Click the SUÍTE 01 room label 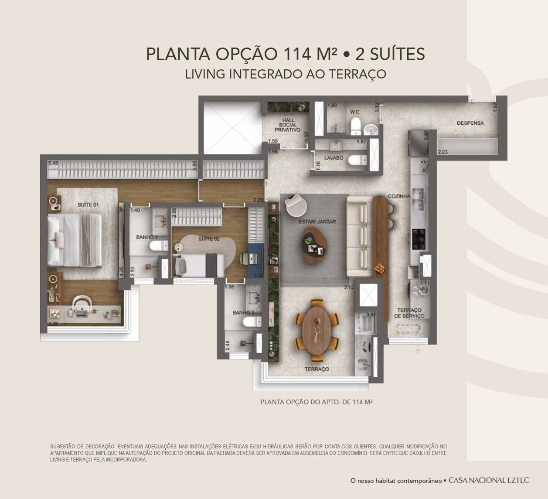click(x=88, y=205)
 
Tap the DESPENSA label click(x=470, y=123)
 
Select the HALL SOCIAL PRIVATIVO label click(x=287, y=125)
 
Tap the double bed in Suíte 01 click(x=75, y=240)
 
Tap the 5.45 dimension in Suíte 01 click(x=53, y=163)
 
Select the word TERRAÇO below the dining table click(x=317, y=369)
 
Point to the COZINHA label click(x=399, y=196)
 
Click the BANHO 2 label click(x=243, y=312)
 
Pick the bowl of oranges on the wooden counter click(x=379, y=268)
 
